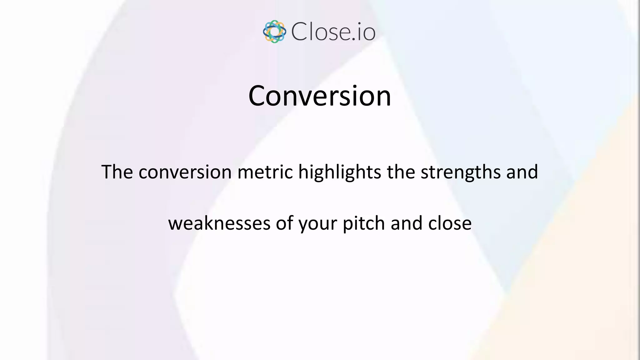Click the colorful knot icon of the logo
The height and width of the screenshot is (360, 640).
(x=274, y=32)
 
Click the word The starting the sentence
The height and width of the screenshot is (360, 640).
(x=117, y=172)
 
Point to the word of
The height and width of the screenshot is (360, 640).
(x=284, y=223)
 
